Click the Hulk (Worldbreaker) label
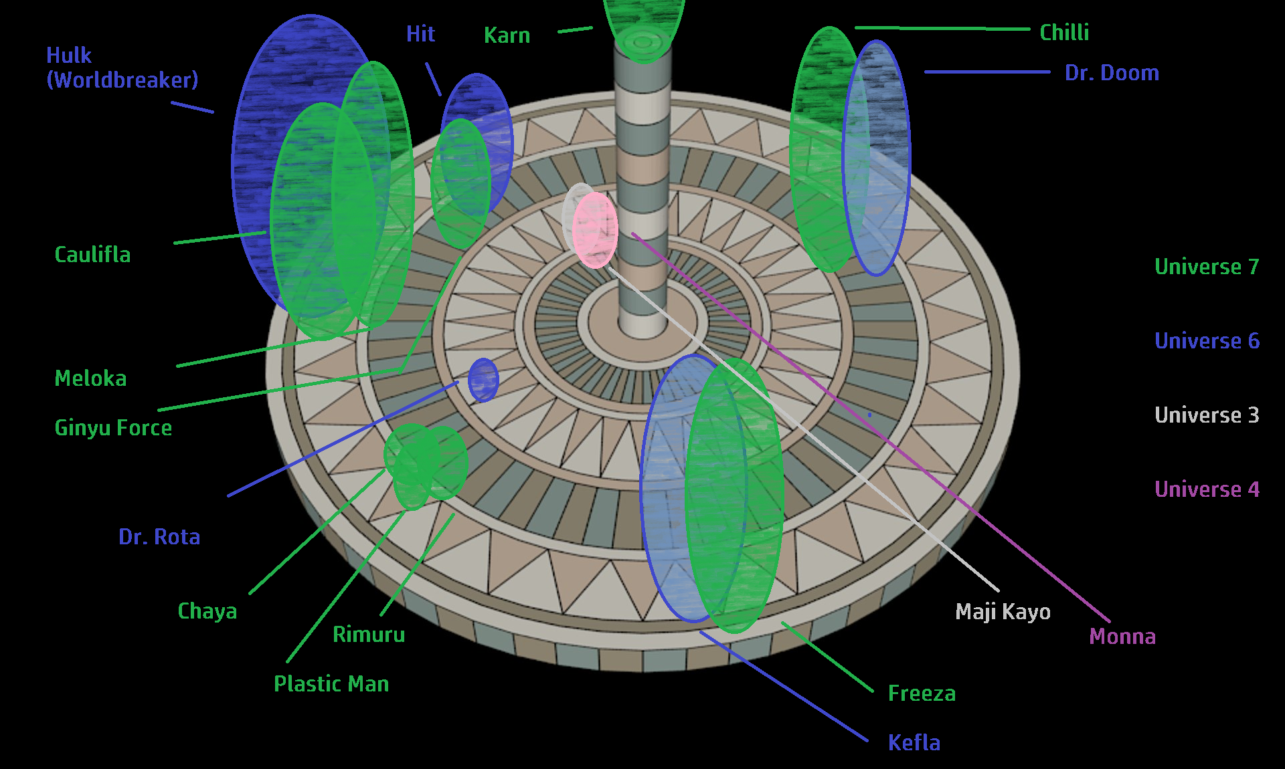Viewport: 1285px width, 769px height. pos(122,68)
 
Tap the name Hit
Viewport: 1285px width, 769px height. pos(420,34)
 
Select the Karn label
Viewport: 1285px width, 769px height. pos(507,35)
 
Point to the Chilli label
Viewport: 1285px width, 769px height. pos(1064,33)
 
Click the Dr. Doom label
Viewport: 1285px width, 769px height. pos(1112,73)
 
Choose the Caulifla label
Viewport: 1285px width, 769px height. pos(92,255)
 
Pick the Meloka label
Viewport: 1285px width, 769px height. pos(90,378)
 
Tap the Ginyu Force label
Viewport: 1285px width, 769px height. pos(113,428)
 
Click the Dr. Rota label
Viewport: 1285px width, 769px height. pos(159,537)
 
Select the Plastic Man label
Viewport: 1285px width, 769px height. pos(331,684)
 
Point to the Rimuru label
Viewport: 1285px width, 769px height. pos(369,635)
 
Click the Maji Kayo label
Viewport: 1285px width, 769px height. pos(1003,612)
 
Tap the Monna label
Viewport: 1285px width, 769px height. pos(1122,637)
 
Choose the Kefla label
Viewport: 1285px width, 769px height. pos(914,743)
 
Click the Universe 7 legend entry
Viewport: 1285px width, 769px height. pos(1207,267)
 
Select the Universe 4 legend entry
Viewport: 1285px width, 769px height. pos(1207,489)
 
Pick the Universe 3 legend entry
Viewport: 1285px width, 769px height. pos(1207,415)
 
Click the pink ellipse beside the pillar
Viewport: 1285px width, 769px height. pos(595,231)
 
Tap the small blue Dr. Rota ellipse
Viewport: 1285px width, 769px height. pos(483,380)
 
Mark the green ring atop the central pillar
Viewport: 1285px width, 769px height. pos(642,43)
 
